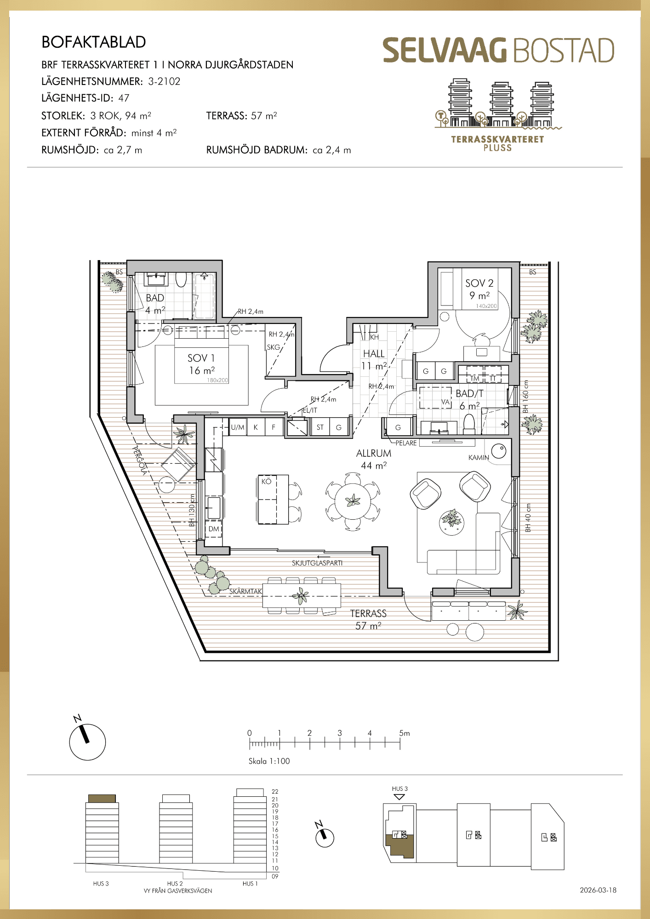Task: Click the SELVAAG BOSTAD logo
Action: tap(499, 50)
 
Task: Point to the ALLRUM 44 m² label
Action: tap(374, 459)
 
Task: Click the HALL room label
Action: tap(374, 354)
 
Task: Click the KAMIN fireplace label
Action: tap(479, 458)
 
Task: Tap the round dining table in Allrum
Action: tap(353, 501)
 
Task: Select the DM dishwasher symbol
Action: tap(214, 529)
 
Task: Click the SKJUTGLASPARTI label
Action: tap(317, 563)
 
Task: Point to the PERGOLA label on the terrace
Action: tap(140, 460)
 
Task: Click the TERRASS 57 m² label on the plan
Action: tap(368, 619)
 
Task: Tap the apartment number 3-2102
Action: tap(164, 81)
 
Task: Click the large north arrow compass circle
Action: tap(87, 742)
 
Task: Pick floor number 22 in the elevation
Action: tap(275, 792)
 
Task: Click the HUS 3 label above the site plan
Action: tap(399, 789)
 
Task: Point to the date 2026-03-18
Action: tap(598, 890)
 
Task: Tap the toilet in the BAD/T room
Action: tap(469, 424)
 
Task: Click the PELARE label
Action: tap(406, 443)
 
